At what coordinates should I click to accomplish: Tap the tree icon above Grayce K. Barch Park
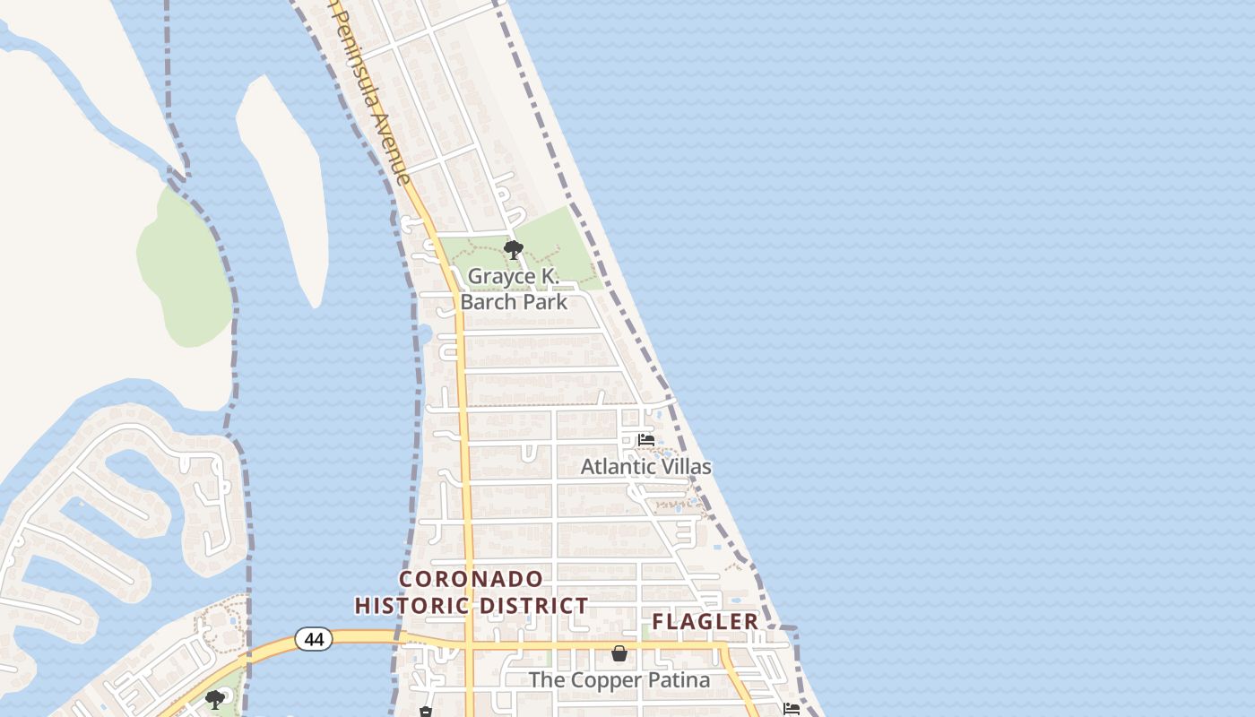pyautogui.click(x=514, y=250)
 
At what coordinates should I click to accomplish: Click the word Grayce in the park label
pyautogui.click(x=501, y=276)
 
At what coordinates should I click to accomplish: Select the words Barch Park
pyautogui.click(x=514, y=301)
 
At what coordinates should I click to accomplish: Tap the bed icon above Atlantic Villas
pyautogui.click(x=645, y=440)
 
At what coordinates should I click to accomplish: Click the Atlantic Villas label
pyautogui.click(x=645, y=467)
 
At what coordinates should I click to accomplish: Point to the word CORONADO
pyautogui.click(x=472, y=579)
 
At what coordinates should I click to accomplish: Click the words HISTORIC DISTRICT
pyautogui.click(x=472, y=606)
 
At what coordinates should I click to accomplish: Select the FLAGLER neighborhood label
pyautogui.click(x=705, y=621)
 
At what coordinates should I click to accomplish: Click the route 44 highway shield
pyautogui.click(x=314, y=639)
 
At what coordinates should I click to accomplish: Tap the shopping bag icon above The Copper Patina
pyautogui.click(x=619, y=653)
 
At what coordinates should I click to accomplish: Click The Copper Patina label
pyautogui.click(x=619, y=680)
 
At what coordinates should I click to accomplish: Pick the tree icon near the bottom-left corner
pyautogui.click(x=214, y=699)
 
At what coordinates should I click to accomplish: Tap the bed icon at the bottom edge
pyautogui.click(x=791, y=709)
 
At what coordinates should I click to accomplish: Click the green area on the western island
pyautogui.click(x=184, y=269)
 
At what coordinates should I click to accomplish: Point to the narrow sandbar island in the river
pyautogui.click(x=282, y=179)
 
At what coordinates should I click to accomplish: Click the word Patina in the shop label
pyautogui.click(x=678, y=680)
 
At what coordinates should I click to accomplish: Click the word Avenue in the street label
pyautogui.click(x=392, y=143)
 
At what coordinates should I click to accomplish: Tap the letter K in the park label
pyautogui.click(x=550, y=276)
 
